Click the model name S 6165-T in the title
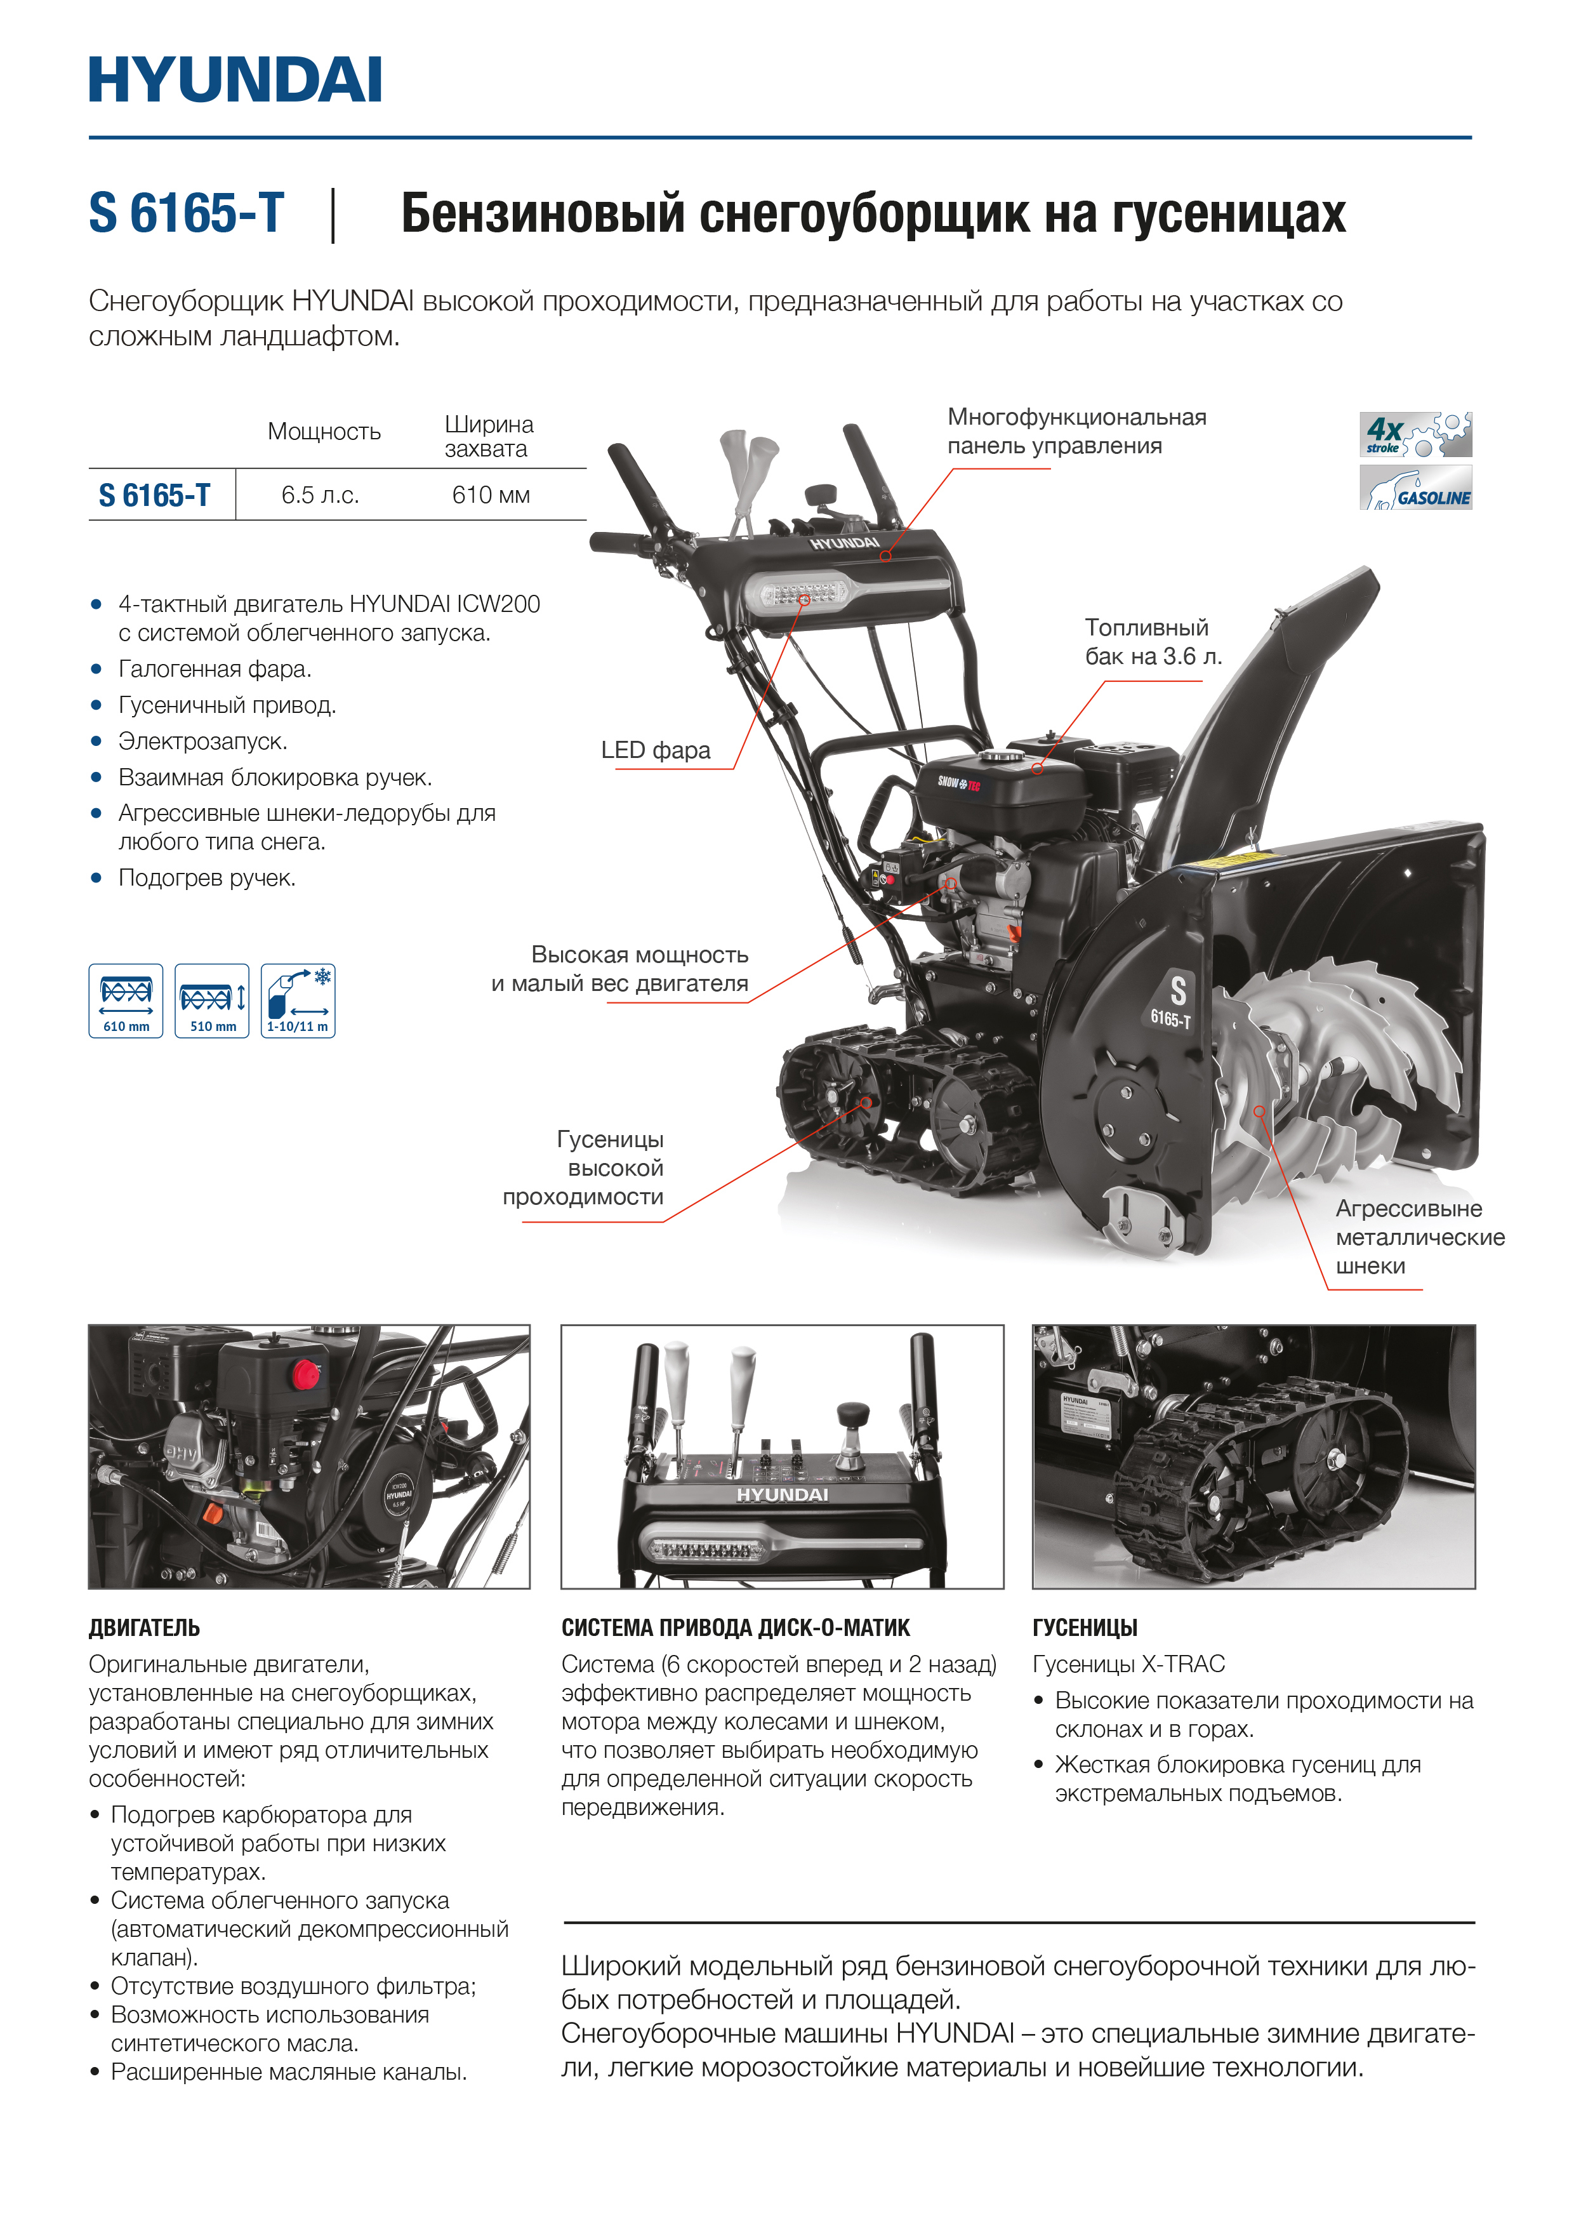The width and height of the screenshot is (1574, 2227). coord(186,213)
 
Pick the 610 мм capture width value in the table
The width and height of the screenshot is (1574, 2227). coord(491,496)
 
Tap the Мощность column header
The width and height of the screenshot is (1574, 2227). coord(324,432)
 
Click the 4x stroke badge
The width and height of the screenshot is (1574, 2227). coord(1414,434)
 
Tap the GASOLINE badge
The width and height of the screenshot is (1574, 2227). coord(1414,488)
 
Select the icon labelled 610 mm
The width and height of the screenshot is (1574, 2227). coord(126,1000)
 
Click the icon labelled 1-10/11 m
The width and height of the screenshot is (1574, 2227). coord(298,1000)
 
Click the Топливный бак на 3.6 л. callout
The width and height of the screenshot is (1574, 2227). coord(1152,642)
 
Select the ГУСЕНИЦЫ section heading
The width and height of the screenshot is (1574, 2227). coord(1084,1628)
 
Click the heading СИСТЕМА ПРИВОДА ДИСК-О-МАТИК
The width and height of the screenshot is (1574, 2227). coord(735,1628)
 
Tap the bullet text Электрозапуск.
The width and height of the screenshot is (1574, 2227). coord(202,742)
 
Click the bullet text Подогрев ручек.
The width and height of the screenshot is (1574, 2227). coord(206,879)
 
